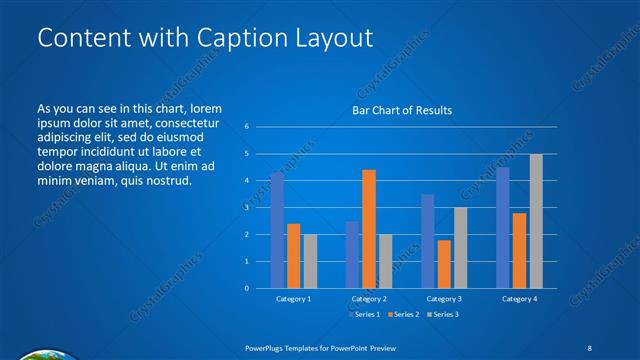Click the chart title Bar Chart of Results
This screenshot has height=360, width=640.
(x=401, y=110)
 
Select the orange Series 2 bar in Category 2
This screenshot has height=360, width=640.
(x=368, y=229)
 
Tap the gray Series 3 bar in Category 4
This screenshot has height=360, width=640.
(x=536, y=221)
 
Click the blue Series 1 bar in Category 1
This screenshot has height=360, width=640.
(x=277, y=230)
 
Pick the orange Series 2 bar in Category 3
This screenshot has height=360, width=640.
(x=444, y=264)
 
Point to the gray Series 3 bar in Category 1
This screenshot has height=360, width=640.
(x=309, y=261)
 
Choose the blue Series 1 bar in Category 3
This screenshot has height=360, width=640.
(x=428, y=241)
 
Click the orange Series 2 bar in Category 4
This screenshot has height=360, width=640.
(x=520, y=250)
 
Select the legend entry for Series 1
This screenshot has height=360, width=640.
(x=363, y=314)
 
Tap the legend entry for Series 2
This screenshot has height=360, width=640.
(x=401, y=314)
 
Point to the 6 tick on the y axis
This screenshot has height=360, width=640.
(x=246, y=127)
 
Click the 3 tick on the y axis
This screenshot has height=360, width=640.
(x=246, y=208)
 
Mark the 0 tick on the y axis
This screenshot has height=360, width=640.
(x=246, y=288)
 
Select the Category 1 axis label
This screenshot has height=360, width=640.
(x=293, y=299)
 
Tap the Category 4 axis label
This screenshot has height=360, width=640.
(x=519, y=299)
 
